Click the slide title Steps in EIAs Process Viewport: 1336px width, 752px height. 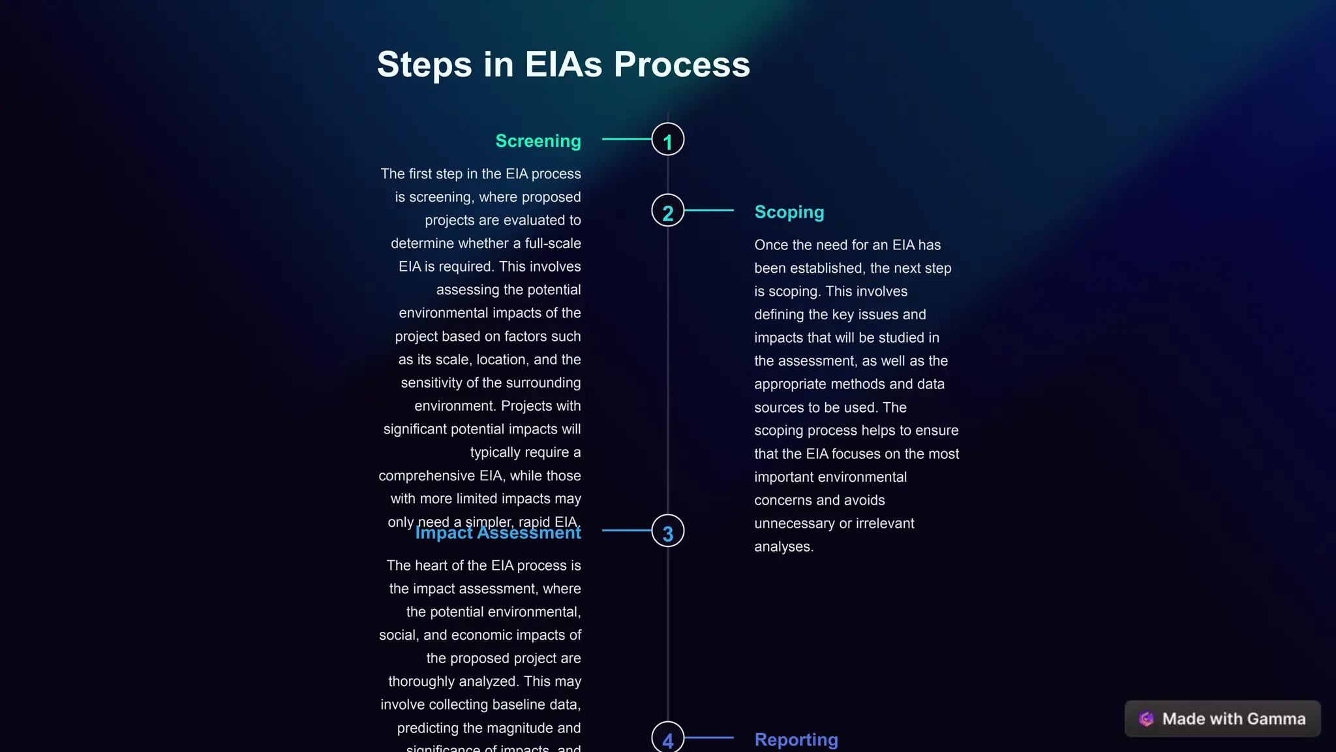pos(563,65)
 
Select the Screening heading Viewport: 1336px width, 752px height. pos(538,141)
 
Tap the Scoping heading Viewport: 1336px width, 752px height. pos(789,212)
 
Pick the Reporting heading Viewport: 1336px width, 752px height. pos(796,740)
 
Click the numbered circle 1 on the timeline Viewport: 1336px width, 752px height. pos(667,140)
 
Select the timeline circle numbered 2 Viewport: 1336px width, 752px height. pos(667,211)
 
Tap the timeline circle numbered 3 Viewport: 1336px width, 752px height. pos(667,531)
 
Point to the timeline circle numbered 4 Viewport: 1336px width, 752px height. pos(667,738)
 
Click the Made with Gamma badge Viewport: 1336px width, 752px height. pos(1222,719)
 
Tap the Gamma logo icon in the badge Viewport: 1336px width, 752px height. pos(1146,719)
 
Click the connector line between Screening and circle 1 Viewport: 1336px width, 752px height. pos(626,139)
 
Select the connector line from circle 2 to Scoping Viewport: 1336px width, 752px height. pos(709,210)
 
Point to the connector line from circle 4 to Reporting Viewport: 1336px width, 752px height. pos(709,738)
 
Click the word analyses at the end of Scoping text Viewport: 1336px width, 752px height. pos(783,547)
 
